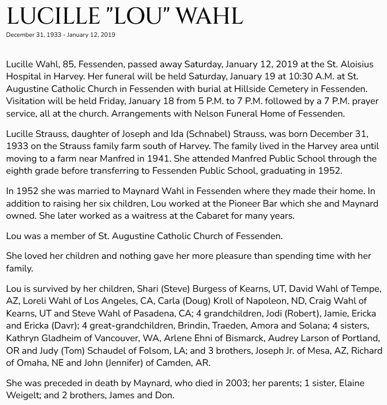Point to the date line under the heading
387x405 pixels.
(x=61, y=35)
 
